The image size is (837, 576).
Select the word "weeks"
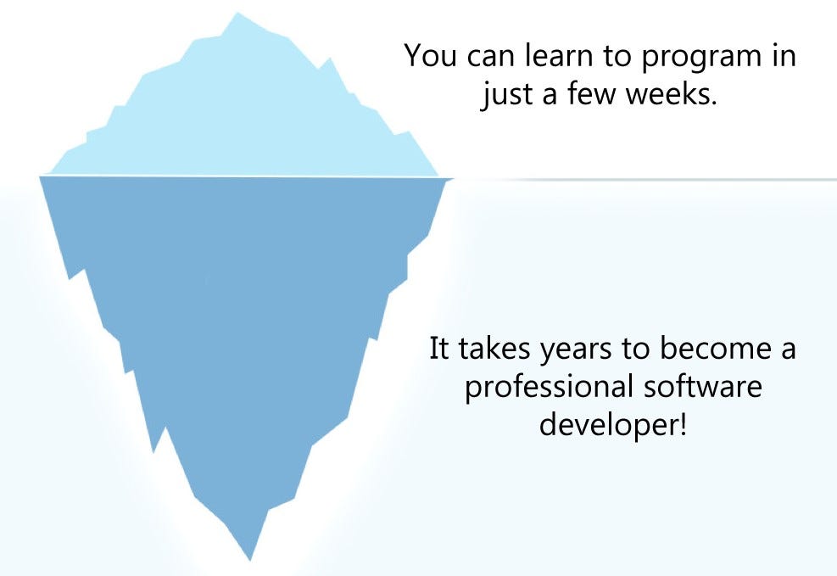point(669,95)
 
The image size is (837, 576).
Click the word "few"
point(590,95)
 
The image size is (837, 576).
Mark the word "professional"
point(549,388)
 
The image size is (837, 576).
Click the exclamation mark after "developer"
point(681,423)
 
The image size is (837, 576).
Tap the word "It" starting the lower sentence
point(438,349)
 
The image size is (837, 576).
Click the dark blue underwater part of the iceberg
point(246,322)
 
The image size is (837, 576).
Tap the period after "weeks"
point(714,103)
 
